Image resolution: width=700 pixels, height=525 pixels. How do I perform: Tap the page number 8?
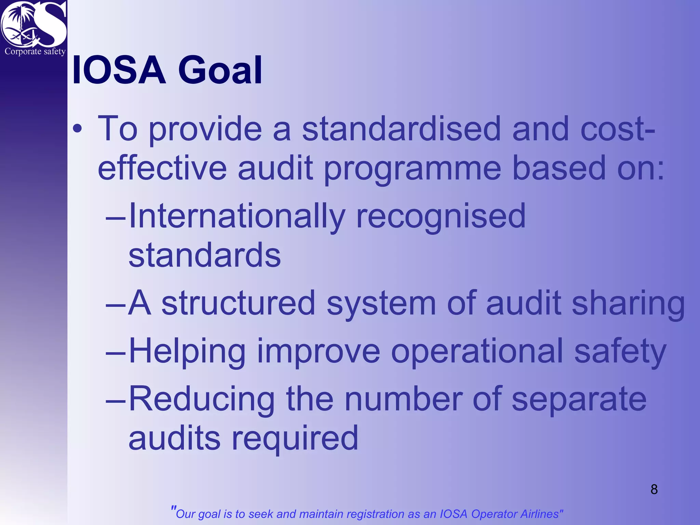click(654, 489)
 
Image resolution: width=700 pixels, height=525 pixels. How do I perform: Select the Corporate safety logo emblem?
click(33, 26)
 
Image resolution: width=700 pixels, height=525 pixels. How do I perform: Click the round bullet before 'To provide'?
click(78, 129)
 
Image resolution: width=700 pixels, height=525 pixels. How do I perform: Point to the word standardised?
click(401, 129)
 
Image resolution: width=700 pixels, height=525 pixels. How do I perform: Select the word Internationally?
click(237, 217)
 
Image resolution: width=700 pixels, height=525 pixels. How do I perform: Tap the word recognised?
click(441, 217)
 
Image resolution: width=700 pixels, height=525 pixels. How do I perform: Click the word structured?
click(238, 303)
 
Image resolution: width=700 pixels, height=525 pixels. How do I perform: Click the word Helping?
click(187, 352)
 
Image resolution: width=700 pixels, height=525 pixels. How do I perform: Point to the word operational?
click(477, 352)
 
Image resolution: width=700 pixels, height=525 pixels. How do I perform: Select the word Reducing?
click(202, 399)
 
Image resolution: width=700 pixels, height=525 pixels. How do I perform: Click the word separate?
click(579, 399)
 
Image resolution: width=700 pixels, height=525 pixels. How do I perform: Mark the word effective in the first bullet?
click(162, 169)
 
